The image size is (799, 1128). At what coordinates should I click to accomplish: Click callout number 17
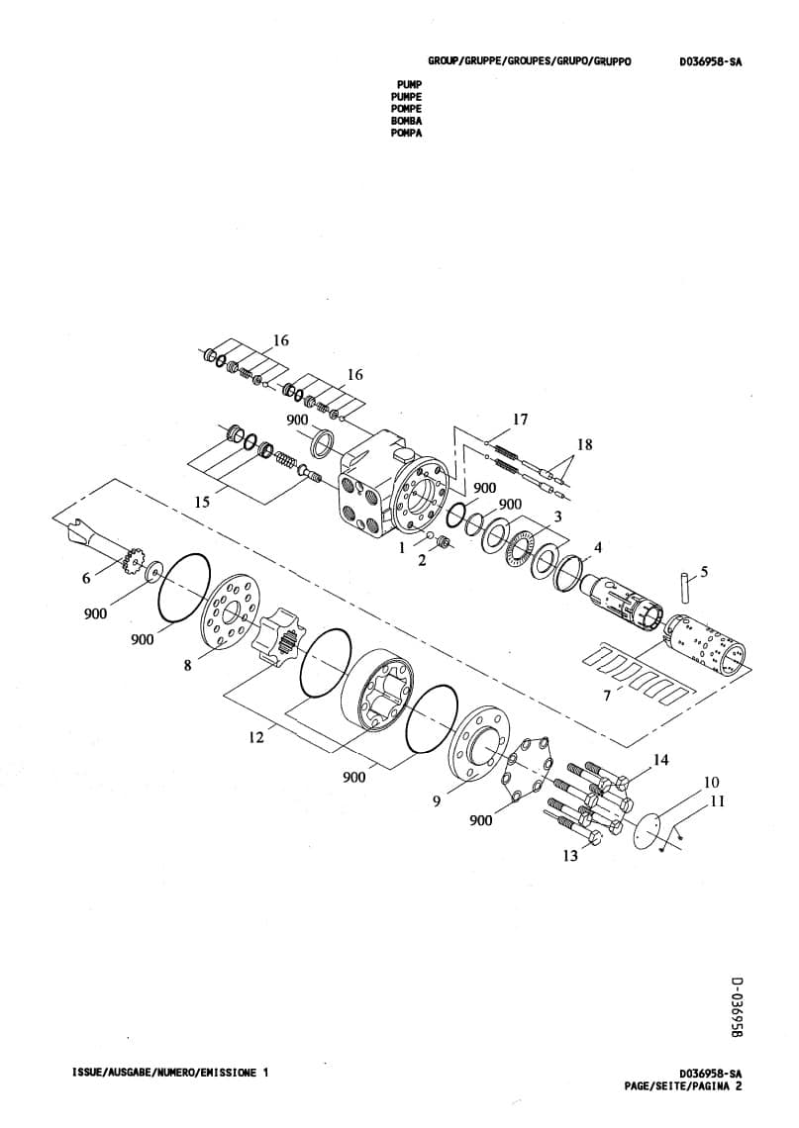521,420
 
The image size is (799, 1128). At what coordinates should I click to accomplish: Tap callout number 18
584,444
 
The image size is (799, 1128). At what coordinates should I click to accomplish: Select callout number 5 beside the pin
704,571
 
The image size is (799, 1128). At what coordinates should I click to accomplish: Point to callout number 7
607,695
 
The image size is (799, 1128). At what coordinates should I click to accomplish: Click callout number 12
256,737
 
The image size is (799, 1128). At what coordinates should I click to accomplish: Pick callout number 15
202,502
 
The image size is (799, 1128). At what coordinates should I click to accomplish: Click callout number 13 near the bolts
570,855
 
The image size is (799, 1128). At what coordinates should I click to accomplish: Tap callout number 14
660,760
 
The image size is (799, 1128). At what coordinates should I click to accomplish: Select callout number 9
437,800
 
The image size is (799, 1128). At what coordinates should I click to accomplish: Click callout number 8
188,666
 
